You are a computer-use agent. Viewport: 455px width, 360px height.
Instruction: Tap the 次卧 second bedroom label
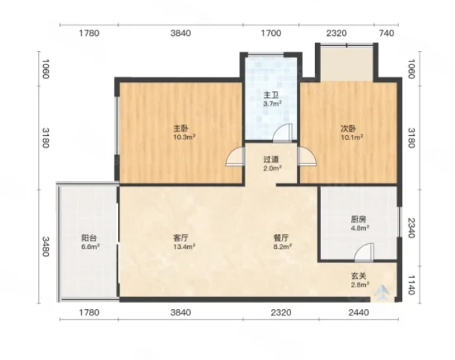pyautogui.click(x=348, y=128)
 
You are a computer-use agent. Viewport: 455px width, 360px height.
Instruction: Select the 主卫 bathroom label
pyautogui.click(x=271, y=95)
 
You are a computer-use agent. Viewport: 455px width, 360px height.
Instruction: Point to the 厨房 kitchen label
pyautogui.click(x=358, y=219)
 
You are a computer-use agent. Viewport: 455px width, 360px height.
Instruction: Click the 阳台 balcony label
pyautogui.click(x=89, y=238)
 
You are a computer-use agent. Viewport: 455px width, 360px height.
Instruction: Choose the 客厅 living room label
pyautogui.click(x=180, y=238)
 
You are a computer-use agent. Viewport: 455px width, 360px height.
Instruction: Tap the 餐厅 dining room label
pyautogui.click(x=281, y=238)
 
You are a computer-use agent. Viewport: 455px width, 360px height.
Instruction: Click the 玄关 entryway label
pyautogui.click(x=359, y=276)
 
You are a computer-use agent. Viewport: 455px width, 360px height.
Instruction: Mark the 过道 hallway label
pyautogui.click(x=271, y=160)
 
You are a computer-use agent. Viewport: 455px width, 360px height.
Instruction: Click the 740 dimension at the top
pyautogui.click(x=386, y=33)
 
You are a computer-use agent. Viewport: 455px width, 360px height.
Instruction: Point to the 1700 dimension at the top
pyautogui.click(x=271, y=33)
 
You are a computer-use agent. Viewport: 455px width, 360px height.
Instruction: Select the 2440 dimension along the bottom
pyautogui.click(x=359, y=313)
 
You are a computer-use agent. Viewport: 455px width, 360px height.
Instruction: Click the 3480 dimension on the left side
pyautogui.click(x=45, y=246)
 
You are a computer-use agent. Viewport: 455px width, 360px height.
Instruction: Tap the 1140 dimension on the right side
pyautogui.click(x=411, y=285)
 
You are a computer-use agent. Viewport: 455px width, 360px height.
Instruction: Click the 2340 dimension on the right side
pyautogui.click(x=411, y=228)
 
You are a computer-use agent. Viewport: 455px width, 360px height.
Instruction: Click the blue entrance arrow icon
pyautogui.click(x=382, y=292)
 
